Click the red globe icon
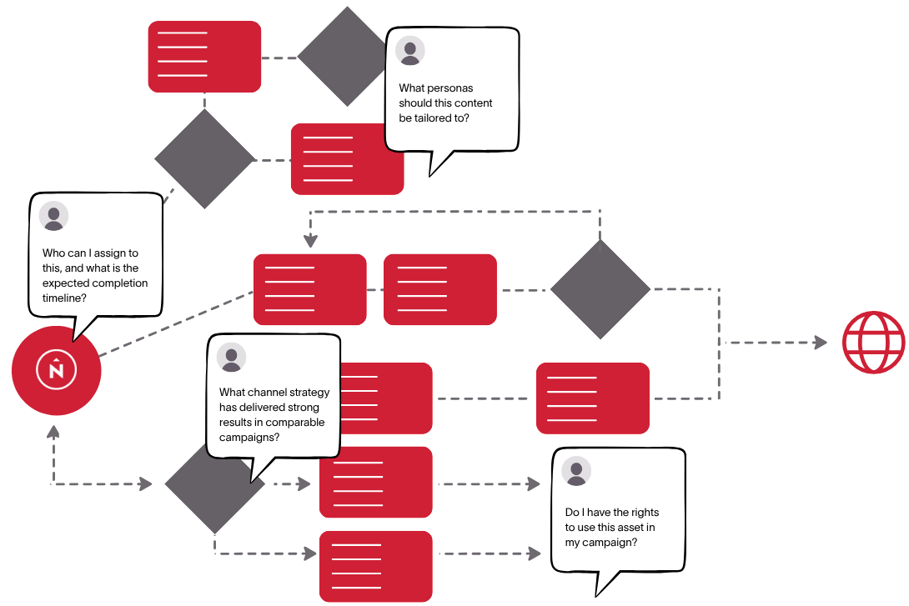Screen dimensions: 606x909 (873, 343)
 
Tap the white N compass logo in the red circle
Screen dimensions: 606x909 (57, 369)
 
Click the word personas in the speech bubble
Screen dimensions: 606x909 (454, 88)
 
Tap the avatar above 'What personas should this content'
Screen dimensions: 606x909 (410, 50)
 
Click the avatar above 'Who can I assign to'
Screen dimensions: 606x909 (54, 216)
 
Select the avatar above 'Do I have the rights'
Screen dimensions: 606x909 (576, 471)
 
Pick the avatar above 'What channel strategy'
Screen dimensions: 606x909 (231, 358)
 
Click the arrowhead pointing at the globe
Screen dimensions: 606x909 (821, 343)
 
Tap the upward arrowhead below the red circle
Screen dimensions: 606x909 (53, 431)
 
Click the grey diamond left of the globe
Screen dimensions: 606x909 (600, 289)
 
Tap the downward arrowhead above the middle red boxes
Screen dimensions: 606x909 (310, 243)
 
